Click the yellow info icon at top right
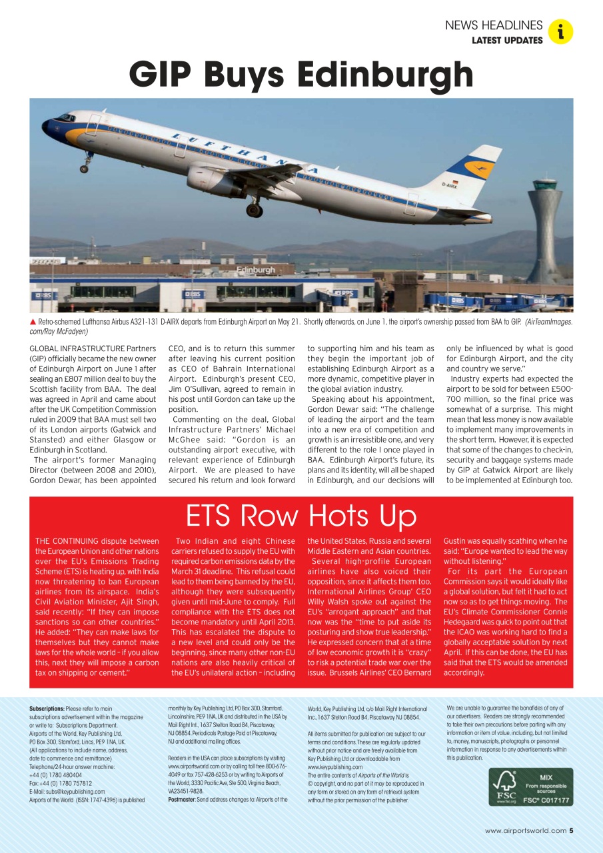(561, 31)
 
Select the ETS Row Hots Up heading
(301, 516)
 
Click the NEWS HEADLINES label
(494, 25)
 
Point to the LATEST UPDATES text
(507, 41)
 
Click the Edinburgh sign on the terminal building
(256, 270)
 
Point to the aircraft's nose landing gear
(85, 165)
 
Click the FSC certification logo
(530, 787)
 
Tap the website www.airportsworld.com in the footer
(525, 830)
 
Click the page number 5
(571, 830)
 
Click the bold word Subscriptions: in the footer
(47, 708)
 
